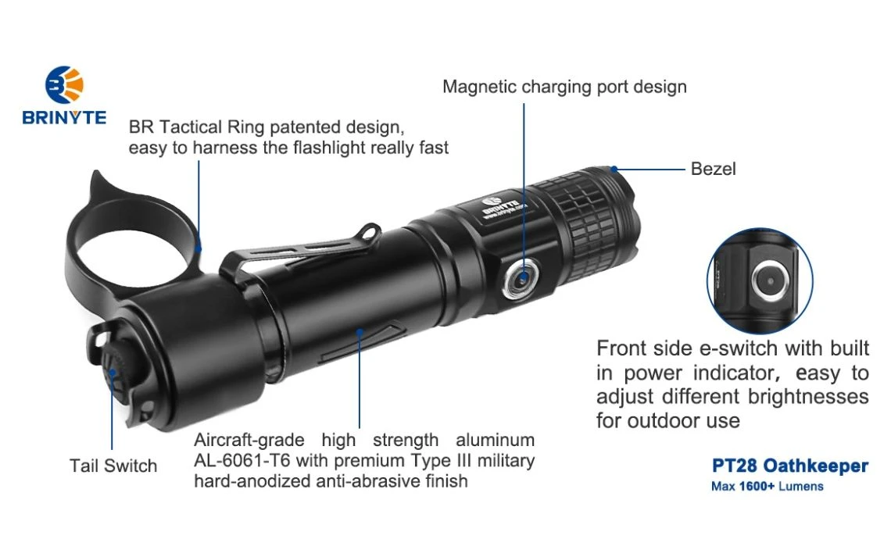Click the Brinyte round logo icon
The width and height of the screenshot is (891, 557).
tap(64, 84)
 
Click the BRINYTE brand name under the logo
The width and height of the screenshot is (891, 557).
tap(64, 117)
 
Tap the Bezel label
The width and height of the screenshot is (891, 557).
tap(713, 169)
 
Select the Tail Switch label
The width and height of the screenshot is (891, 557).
tap(113, 466)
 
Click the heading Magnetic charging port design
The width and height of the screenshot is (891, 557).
tap(564, 87)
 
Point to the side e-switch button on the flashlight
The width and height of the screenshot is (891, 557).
tap(521, 279)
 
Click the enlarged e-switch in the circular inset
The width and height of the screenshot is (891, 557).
tap(771, 280)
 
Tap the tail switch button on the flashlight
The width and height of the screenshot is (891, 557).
tap(113, 372)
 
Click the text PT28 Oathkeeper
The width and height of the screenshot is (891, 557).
tap(790, 466)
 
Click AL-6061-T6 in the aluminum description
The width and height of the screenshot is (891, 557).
tap(242, 460)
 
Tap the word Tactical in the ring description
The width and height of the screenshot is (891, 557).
tap(191, 127)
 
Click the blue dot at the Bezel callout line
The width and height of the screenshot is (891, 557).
tap(614, 169)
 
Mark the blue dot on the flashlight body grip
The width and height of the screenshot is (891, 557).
tap(359, 332)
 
